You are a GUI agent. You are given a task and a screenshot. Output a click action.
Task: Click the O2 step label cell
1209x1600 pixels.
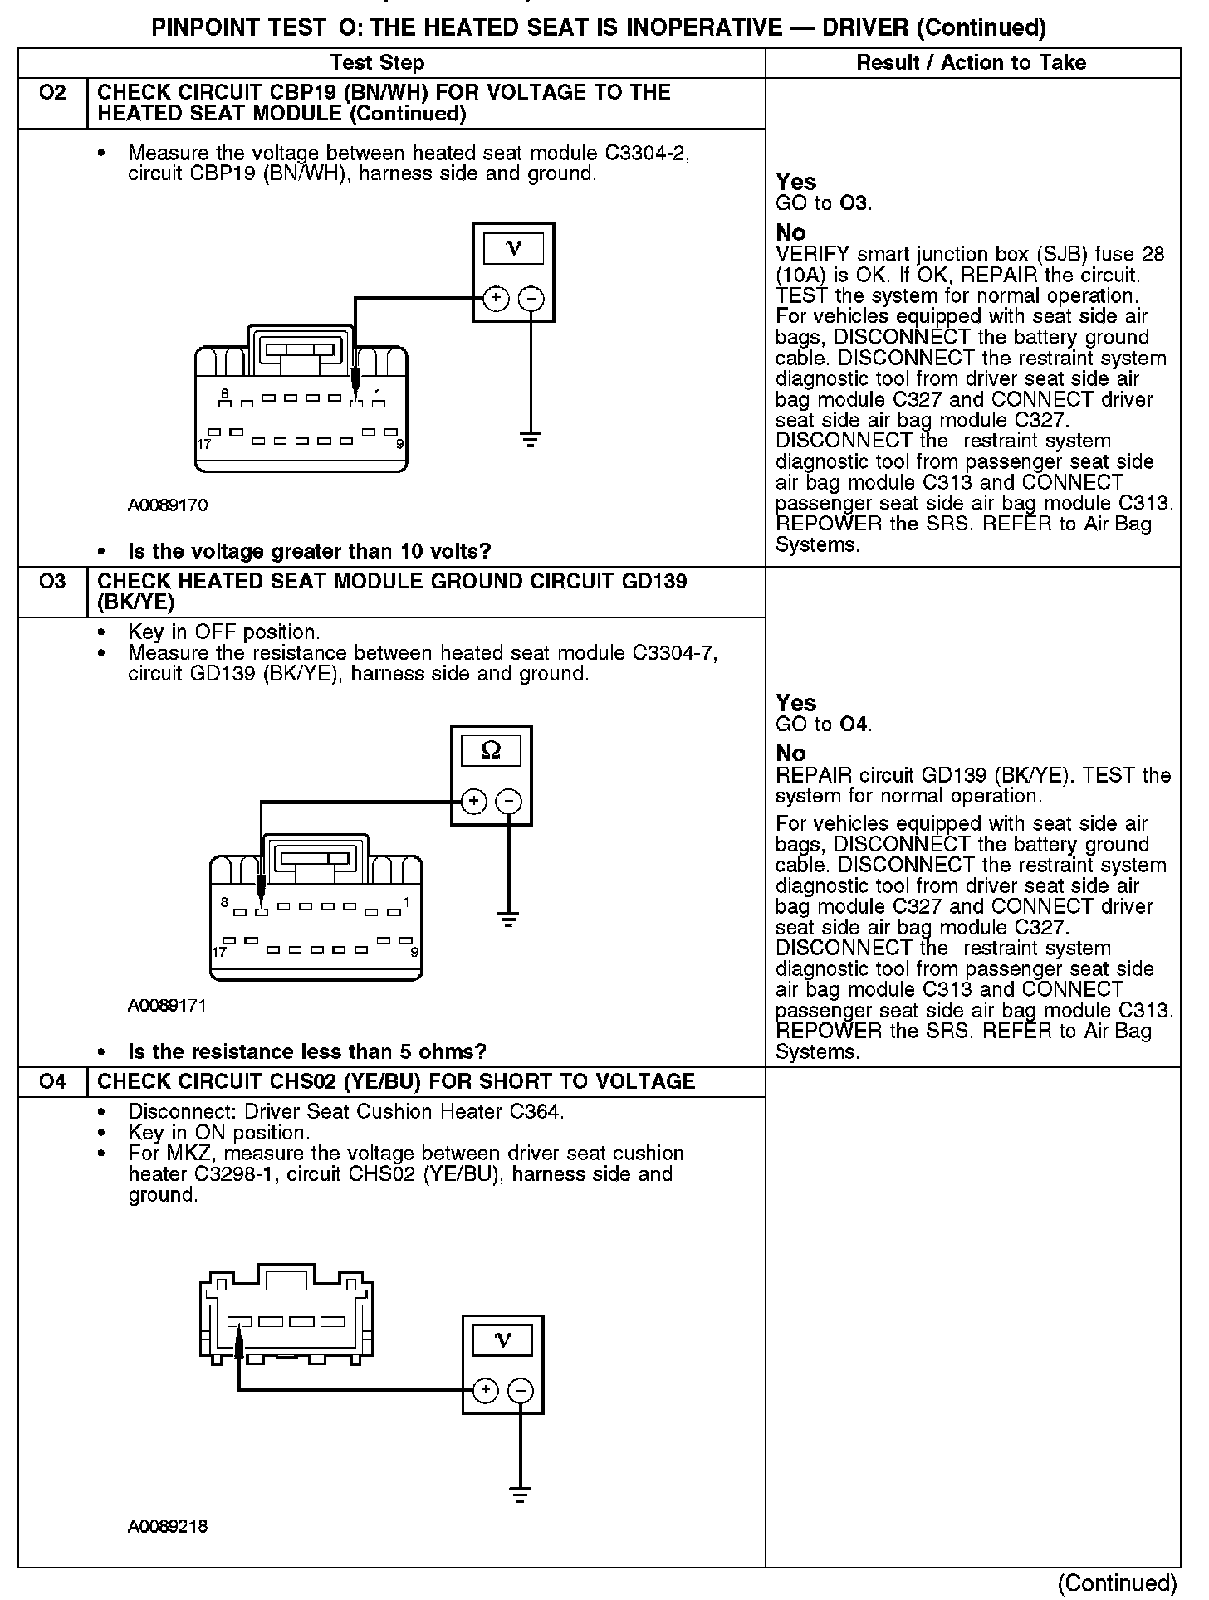tap(52, 93)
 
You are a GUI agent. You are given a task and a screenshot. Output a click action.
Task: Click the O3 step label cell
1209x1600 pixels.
tap(52, 581)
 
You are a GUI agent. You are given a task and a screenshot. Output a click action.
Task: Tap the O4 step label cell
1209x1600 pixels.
tap(52, 1081)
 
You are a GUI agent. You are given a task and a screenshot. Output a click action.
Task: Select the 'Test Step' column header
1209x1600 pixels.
tap(377, 63)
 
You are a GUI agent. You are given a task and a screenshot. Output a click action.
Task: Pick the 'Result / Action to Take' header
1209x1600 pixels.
tap(971, 63)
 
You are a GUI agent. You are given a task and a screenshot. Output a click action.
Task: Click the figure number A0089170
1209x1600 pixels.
tap(168, 505)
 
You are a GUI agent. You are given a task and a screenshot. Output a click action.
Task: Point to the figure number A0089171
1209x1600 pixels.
tap(167, 1006)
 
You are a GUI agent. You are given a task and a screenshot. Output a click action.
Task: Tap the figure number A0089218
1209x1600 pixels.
tap(168, 1526)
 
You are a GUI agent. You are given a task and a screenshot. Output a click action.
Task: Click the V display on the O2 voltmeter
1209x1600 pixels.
tap(514, 248)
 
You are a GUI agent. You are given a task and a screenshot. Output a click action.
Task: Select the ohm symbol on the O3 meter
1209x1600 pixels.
tap(492, 751)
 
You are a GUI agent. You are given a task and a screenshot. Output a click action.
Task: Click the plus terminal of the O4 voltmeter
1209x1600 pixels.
tap(486, 1391)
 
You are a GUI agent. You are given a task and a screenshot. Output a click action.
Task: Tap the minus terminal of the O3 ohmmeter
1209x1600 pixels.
tap(508, 802)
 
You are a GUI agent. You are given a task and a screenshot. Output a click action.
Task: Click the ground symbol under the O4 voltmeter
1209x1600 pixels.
tap(520, 1495)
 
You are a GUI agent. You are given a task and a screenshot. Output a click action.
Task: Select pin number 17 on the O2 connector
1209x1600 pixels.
tap(203, 444)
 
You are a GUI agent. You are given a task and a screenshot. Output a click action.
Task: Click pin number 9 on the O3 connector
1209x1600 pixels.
tap(414, 952)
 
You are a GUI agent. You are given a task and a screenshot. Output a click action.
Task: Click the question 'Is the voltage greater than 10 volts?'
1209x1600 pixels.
tap(310, 551)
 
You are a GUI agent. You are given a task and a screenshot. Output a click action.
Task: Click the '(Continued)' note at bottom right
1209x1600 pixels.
tap(1118, 1583)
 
